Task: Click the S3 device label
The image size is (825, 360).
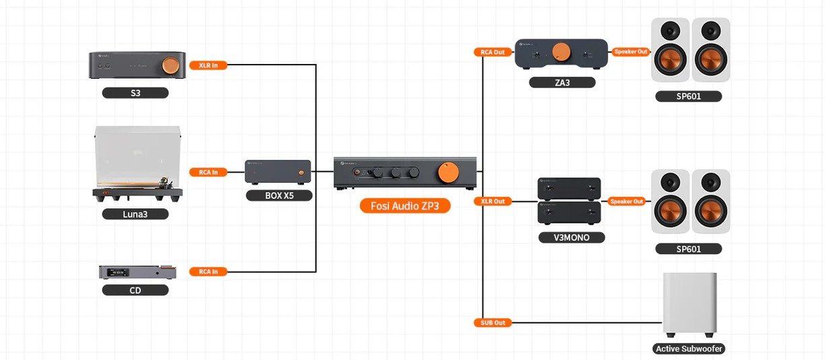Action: pos(135,93)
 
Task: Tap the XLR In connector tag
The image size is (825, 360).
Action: pos(208,65)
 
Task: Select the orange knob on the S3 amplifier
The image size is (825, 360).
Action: pos(170,65)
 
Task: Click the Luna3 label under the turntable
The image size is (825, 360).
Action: pos(135,214)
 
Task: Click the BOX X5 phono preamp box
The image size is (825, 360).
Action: pos(278,173)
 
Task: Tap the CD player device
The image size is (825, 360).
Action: pos(137,272)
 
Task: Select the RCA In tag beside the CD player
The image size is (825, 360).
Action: pos(208,272)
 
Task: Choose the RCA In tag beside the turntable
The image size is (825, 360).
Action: pos(208,172)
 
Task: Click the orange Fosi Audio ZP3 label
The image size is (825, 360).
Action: pos(404,206)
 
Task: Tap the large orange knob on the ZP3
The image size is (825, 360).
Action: pos(446,172)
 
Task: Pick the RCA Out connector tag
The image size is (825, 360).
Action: pos(493,52)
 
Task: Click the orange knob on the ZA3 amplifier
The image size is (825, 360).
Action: pos(561,51)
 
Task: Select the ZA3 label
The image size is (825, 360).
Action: pos(562,82)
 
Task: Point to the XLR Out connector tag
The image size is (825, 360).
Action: pos(493,201)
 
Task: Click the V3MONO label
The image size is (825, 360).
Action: pos(572,237)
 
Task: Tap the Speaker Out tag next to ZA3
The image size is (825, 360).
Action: pos(630,51)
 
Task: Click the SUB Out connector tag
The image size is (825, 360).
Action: pos(493,323)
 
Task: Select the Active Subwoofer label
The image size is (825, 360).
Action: pos(690,349)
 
